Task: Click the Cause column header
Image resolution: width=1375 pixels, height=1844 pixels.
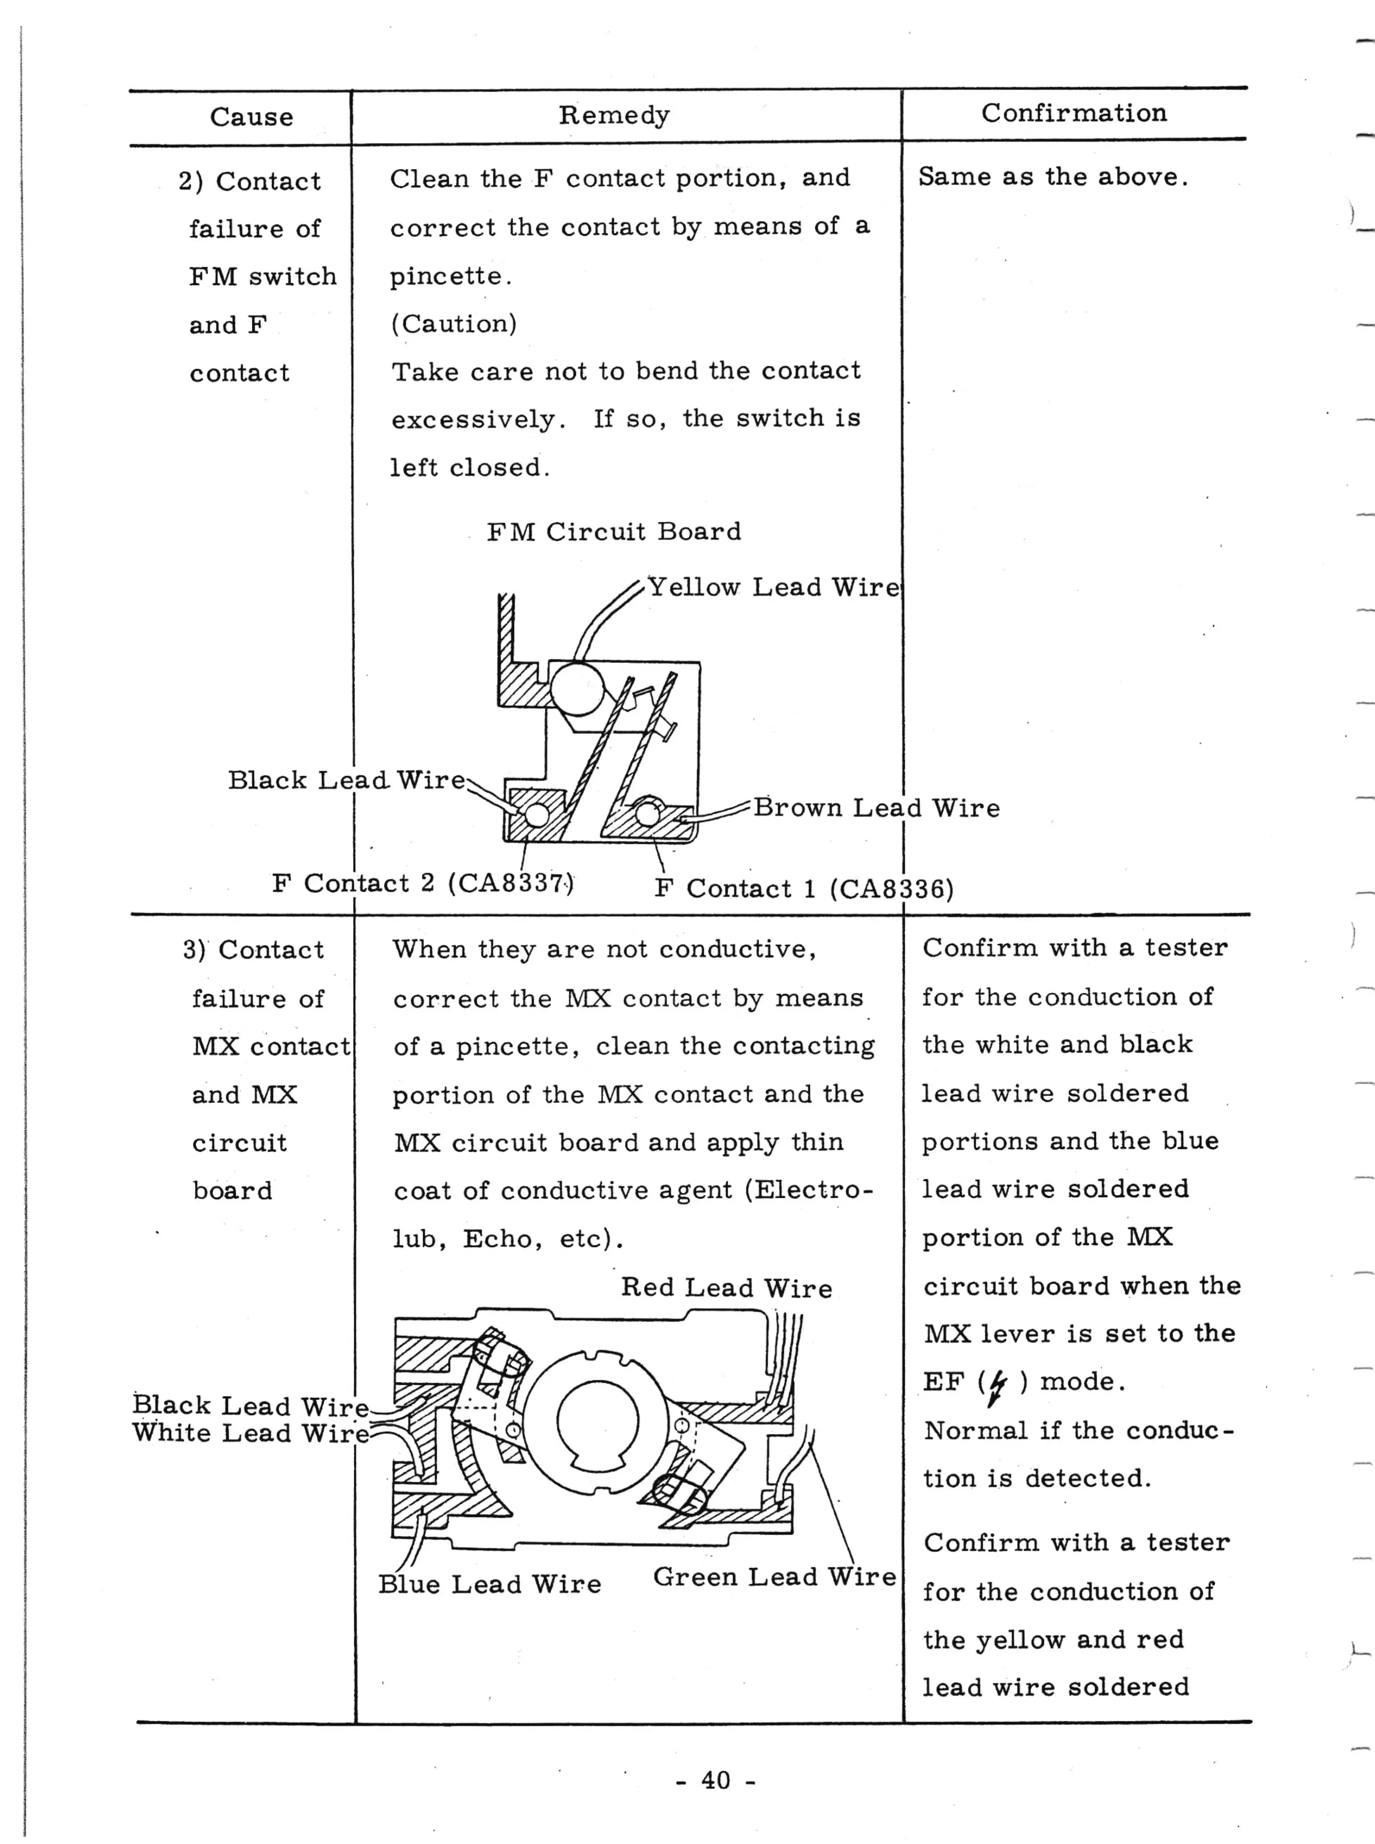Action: [252, 117]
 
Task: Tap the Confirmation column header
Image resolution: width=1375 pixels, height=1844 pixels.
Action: [1074, 113]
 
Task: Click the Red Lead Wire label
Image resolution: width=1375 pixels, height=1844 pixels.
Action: [726, 1288]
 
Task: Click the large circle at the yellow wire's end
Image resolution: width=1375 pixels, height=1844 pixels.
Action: [576, 688]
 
